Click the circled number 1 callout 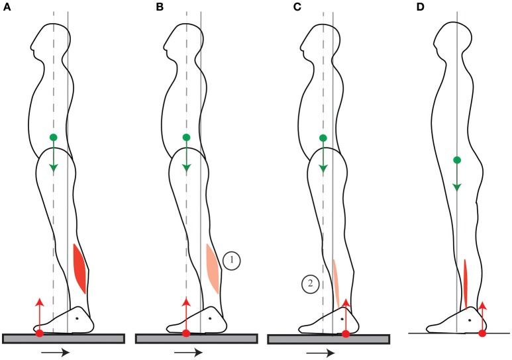coord(231,261)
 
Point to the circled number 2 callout coord(309,284)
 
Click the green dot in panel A coord(53,137)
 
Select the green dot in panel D coord(456,159)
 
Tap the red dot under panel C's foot coord(346,333)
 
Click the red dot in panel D coord(482,333)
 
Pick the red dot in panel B coord(186,333)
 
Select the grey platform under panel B coord(195,339)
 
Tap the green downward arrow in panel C coord(323,159)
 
